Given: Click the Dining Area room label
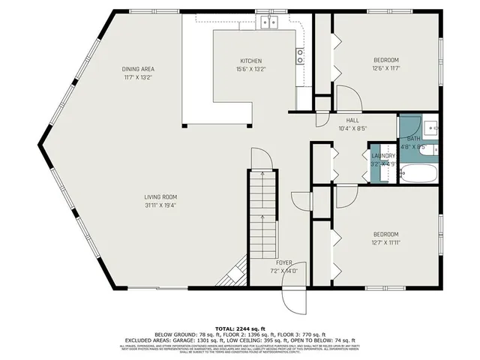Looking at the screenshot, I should [143, 69].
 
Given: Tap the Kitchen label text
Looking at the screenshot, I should [251, 61].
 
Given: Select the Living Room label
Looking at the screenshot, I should [166, 197].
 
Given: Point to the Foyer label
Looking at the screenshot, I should [284, 262].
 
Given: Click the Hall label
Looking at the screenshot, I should [352, 120].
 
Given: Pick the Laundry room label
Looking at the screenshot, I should [383, 156].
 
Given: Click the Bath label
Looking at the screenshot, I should [413, 139].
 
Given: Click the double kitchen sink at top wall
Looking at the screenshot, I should [270, 22].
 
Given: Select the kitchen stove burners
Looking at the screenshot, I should [300, 55].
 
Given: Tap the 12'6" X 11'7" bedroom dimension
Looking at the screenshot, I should [385, 68].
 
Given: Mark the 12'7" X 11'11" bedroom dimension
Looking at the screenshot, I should [385, 241].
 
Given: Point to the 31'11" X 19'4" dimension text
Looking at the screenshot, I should [166, 205].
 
